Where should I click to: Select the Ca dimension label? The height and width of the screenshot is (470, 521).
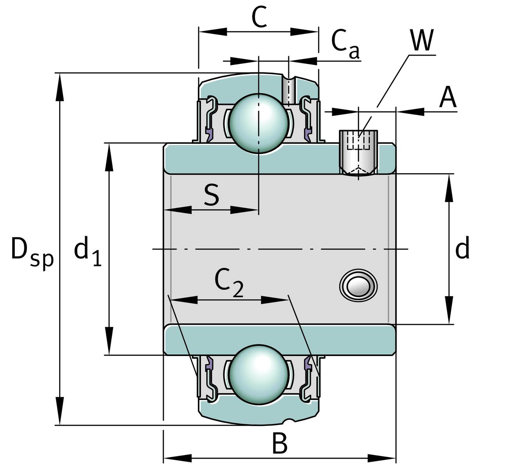(x=345, y=42)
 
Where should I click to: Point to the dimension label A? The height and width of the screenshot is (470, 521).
(x=447, y=98)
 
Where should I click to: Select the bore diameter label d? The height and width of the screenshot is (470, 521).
(x=462, y=249)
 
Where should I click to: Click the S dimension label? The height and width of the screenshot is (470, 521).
(x=212, y=195)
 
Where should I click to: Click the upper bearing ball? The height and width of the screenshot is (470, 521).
(x=259, y=123)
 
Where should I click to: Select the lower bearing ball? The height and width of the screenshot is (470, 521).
(x=259, y=374)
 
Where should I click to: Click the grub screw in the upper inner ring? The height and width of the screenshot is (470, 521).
(x=358, y=153)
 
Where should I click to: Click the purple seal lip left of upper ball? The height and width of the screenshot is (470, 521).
(x=208, y=134)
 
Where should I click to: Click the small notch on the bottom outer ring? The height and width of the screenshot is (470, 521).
(x=289, y=421)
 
